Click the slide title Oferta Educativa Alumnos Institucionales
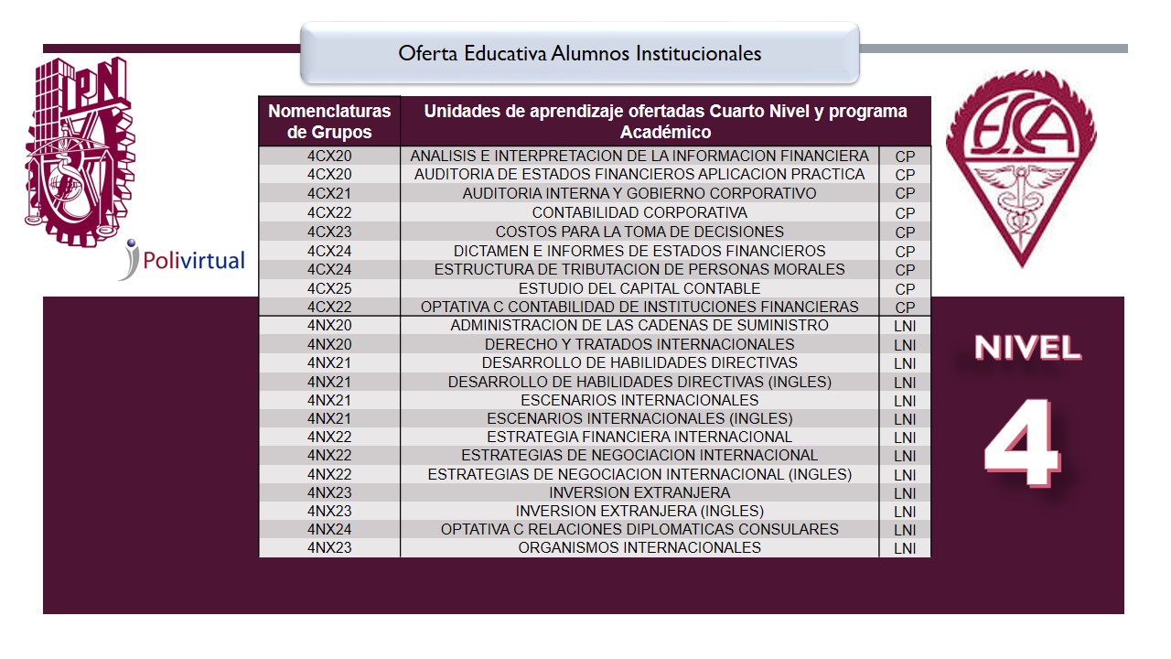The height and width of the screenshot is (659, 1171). tap(579, 54)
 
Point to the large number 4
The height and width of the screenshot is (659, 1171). tap(1023, 443)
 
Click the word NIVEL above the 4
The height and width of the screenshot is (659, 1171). tap(1027, 348)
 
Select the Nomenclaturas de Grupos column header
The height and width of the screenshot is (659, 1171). tap(329, 122)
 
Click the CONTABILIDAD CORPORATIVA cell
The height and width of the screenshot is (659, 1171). tap(639, 212)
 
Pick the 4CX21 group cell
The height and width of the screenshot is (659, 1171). tap(329, 193)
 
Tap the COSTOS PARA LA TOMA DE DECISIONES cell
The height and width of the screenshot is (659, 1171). tap(639, 232)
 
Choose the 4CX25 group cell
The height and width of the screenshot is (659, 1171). tap(329, 288)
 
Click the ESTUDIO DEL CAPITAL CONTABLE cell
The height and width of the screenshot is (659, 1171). tap(639, 288)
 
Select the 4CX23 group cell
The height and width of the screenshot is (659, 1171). tap(329, 232)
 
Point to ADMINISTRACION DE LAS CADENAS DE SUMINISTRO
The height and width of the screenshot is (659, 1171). tap(639, 326)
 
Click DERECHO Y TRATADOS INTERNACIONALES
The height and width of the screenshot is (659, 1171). tap(639, 345)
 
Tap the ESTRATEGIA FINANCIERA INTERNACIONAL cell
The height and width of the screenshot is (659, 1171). tap(639, 437)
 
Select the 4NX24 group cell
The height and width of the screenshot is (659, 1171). tap(329, 529)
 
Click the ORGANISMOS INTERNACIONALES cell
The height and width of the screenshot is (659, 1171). tap(639, 547)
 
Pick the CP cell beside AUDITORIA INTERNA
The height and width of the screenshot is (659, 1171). tap(905, 194)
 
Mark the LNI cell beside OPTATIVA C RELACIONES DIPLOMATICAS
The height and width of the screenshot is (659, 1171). tap(905, 530)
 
